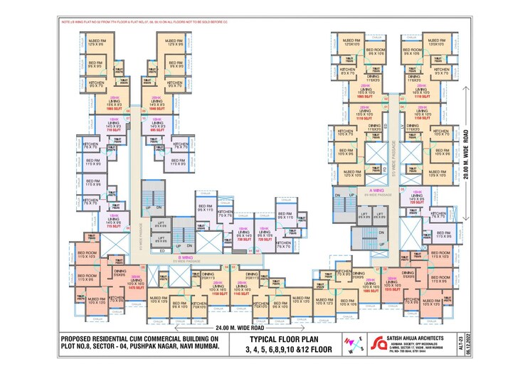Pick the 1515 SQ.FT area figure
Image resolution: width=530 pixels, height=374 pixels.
pos(390,290)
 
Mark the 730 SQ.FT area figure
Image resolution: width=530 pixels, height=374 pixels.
pos(265,240)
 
